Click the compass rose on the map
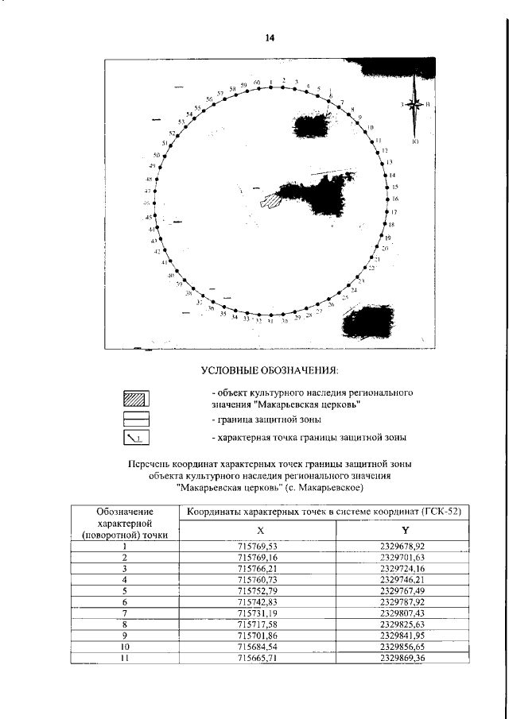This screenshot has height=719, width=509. [x=415, y=105]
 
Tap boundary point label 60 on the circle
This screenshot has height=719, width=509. [x=258, y=83]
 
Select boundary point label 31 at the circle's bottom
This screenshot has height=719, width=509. [x=270, y=321]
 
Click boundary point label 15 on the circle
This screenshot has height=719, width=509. [x=394, y=187]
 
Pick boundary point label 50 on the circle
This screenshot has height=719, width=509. [x=157, y=155]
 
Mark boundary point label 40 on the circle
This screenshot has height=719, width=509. [x=170, y=275]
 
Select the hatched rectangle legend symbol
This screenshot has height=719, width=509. [x=137, y=399]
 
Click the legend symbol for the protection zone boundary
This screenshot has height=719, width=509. [x=137, y=418]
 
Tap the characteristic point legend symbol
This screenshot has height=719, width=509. [x=137, y=437]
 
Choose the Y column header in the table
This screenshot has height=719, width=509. [x=405, y=530]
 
